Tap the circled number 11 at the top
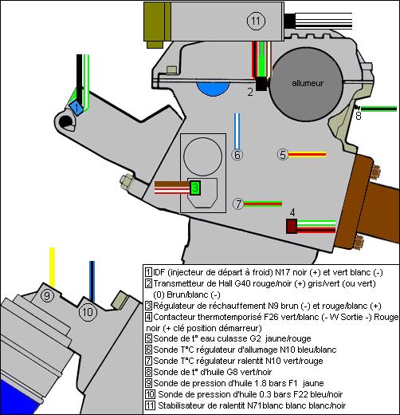255,22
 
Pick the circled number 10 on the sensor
88,311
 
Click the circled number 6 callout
237,155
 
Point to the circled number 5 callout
282,154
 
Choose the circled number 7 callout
237,204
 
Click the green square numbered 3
194,188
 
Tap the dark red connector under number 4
292,226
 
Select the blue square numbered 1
76,107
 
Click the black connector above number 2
261,82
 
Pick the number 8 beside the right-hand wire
358,117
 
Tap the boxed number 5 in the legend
148,337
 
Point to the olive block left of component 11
154,21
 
